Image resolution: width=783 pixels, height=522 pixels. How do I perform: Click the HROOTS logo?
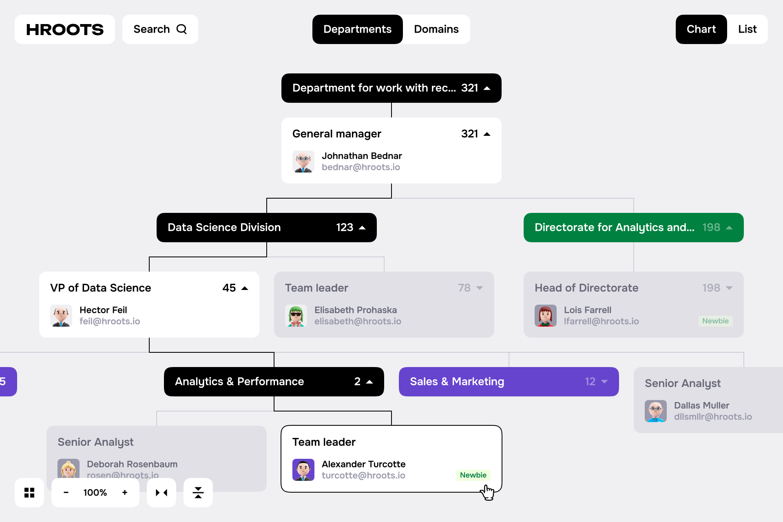65,29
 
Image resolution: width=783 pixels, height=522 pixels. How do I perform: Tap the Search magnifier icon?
181,29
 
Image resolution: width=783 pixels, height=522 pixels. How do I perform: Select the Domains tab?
436,29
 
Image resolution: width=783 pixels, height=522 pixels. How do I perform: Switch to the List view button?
747,29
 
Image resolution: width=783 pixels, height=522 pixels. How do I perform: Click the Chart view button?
701,29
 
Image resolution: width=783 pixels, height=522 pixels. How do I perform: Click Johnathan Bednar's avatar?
303,161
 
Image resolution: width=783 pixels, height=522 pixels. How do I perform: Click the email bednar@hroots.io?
361,167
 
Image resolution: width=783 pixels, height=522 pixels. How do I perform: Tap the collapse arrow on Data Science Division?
362,228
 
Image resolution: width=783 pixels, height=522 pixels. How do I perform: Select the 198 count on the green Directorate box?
711,227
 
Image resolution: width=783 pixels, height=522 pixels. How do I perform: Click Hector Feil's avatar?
61,316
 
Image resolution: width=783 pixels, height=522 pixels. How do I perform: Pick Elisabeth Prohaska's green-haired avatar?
296,316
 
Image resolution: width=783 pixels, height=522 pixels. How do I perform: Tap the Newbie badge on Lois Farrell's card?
715,321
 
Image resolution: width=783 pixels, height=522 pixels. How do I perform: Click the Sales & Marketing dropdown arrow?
604,382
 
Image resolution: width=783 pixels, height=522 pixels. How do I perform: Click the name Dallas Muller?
701,405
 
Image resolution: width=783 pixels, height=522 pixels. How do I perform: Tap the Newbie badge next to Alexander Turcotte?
473,475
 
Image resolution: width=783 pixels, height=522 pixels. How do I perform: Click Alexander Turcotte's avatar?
303,470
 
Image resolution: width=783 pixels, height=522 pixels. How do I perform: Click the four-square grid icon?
29,493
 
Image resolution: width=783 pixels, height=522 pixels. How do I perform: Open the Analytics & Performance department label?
239,382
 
